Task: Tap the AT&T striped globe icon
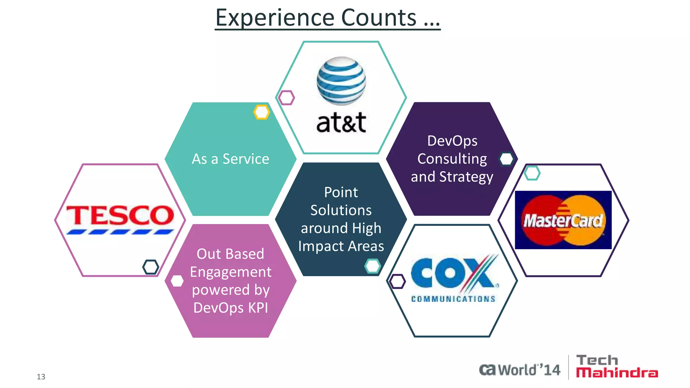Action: (341, 81)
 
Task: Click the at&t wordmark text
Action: (341, 122)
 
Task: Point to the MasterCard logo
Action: (563, 220)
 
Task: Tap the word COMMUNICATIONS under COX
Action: (453, 299)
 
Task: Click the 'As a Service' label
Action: (230, 159)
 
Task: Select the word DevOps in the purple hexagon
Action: (452, 141)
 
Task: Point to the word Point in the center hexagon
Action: (341, 192)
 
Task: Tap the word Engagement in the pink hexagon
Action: (230, 272)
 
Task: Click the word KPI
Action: (258, 308)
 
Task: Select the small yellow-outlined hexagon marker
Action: (262, 112)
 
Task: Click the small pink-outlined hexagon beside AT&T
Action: (286, 98)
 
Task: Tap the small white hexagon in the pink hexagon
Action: (177, 281)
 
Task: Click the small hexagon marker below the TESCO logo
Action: (151, 267)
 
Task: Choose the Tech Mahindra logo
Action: (617, 366)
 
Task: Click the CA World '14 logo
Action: (520, 369)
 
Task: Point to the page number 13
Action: (41, 377)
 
